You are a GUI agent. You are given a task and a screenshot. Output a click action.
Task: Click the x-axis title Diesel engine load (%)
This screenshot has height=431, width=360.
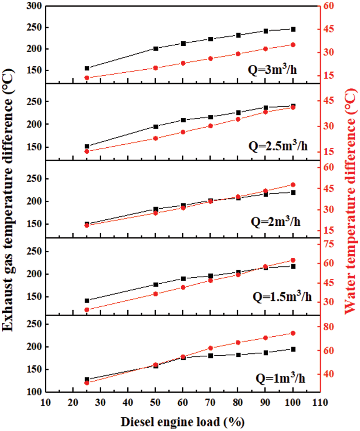pos(183,421)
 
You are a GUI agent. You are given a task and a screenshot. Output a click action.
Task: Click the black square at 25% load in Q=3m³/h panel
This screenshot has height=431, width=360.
pos(87,68)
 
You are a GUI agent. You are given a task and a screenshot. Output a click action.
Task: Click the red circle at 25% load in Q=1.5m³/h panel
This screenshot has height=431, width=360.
pos(87,310)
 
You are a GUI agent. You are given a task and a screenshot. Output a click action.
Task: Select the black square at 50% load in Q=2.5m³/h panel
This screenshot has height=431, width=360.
pos(155,126)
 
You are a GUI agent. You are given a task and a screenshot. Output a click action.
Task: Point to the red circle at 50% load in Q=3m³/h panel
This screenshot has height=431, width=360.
pos(155,68)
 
